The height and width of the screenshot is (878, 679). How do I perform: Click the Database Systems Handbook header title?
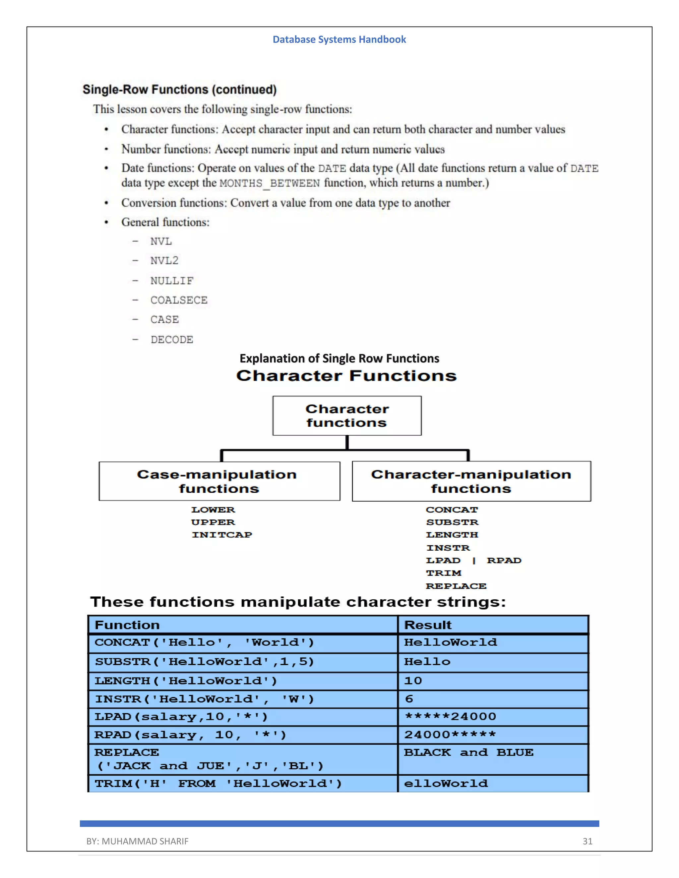point(339,39)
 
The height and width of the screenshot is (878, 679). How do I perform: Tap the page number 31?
point(587,841)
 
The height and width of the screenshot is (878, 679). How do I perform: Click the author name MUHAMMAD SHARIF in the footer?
point(145,841)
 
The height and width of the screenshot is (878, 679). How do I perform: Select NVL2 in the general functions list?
point(164,260)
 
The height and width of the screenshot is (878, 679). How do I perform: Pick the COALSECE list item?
point(179,300)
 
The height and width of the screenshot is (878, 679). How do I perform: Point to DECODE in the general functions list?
point(172,340)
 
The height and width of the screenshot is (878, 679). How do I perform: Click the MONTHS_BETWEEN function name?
point(270,183)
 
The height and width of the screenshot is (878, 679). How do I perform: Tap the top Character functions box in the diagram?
point(347,416)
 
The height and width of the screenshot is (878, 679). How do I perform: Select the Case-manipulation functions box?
point(219,481)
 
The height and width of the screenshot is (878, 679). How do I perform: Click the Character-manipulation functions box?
point(471,481)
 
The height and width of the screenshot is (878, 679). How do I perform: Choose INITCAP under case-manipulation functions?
point(222,535)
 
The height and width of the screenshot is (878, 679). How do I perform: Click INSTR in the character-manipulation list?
point(448,548)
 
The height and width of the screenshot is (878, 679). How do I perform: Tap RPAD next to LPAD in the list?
point(504,560)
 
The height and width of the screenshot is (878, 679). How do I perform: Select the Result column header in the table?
point(428,625)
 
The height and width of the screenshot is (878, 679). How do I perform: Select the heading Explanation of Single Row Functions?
point(339,358)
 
